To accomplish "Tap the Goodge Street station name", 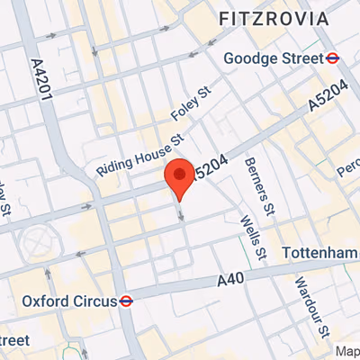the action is tap(272, 58).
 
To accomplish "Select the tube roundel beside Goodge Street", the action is tap(331, 58).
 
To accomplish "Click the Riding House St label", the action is tap(140, 155).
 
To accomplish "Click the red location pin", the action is tap(180, 177).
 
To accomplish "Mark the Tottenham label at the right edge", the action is tap(319, 255).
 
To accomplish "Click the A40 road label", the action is tap(231, 282).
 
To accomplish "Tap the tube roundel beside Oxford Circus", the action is tap(126, 301).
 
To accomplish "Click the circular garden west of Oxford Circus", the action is tap(38, 242).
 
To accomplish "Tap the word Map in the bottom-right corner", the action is tap(346, 352).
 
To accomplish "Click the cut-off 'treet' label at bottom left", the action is tap(13, 339).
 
